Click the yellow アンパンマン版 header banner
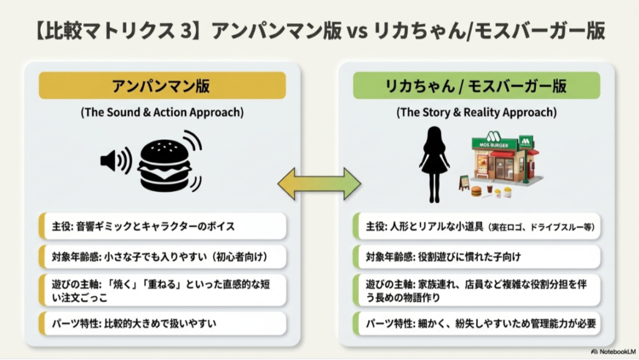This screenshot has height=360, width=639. [x=162, y=85]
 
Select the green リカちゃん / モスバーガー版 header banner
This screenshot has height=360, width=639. [x=476, y=85]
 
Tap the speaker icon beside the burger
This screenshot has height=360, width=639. [x=115, y=161]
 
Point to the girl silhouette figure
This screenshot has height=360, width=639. [x=435, y=163]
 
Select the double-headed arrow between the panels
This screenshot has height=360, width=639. [x=319, y=183]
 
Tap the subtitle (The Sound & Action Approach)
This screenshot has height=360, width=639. [x=162, y=114]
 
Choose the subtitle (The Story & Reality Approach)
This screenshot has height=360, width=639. [x=476, y=114]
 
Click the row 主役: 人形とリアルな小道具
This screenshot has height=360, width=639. [x=476, y=226]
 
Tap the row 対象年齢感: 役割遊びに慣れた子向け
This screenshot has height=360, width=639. [x=476, y=256]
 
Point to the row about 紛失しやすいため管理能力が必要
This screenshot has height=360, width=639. [x=476, y=323]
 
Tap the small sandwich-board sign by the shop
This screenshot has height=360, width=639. [x=465, y=182]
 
